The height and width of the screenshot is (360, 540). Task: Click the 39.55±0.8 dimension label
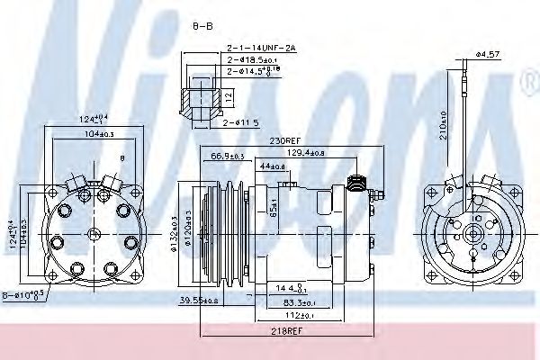[x=200, y=300]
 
